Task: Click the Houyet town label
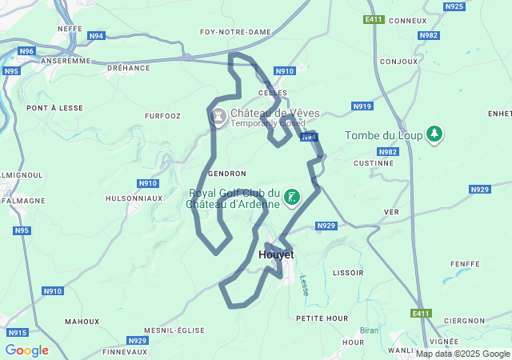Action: [x=276, y=254]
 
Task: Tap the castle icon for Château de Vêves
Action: [x=218, y=118]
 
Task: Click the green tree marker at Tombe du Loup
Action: [x=434, y=134]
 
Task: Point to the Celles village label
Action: [x=273, y=93]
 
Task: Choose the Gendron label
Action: [x=226, y=174]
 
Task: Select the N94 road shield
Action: [x=96, y=36]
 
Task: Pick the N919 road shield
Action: [x=362, y=106]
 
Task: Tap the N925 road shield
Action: [x=454, y=6]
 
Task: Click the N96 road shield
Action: [x=27, y=51]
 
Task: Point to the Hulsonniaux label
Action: [x=134, y=198]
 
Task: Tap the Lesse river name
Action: [x=304, y=286]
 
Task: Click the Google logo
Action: [x=26, y=350]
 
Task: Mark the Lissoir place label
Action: [x=348, y=273]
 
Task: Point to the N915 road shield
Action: [x=17, y=332]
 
